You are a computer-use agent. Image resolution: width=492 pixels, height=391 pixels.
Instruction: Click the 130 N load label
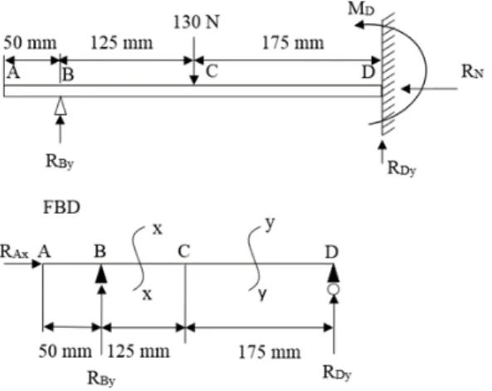(196, 22)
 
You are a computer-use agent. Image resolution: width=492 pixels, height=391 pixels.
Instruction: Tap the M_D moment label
(361, 9)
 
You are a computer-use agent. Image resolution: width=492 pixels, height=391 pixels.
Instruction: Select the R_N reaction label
(472, 71)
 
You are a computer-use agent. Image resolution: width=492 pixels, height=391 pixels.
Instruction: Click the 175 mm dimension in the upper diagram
(293, 43)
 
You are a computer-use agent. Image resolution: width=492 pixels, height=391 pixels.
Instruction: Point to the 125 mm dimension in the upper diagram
(122, 43)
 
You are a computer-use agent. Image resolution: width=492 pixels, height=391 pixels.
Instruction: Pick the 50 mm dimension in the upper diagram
(30, 43)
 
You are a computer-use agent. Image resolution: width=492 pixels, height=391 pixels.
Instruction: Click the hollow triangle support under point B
(61, 106)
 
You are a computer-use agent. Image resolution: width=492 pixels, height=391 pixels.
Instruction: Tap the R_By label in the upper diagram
(60, 162)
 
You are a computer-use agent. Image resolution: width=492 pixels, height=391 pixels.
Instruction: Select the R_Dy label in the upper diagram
(402, 168)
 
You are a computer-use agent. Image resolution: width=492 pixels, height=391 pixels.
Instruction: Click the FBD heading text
(61, 207)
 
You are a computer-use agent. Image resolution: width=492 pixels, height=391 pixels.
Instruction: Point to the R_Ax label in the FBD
(14, 252)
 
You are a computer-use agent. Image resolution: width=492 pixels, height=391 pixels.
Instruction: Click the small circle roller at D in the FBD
(334, 289)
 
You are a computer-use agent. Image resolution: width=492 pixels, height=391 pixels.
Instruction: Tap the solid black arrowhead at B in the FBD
(101, 274)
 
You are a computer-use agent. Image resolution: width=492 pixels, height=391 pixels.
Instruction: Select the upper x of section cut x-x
(158, 229)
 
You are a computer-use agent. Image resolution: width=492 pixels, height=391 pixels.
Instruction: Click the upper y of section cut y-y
(270, 224)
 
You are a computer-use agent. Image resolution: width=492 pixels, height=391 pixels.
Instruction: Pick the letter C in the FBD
(184, 251)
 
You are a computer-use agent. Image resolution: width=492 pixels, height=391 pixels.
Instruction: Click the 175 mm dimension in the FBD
(270, 352)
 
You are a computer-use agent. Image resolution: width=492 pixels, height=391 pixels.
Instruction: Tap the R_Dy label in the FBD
(337, 373)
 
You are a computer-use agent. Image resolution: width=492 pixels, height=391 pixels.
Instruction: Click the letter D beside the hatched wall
(368, 72)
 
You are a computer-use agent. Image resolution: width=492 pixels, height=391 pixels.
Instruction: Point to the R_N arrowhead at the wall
(406, 89)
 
